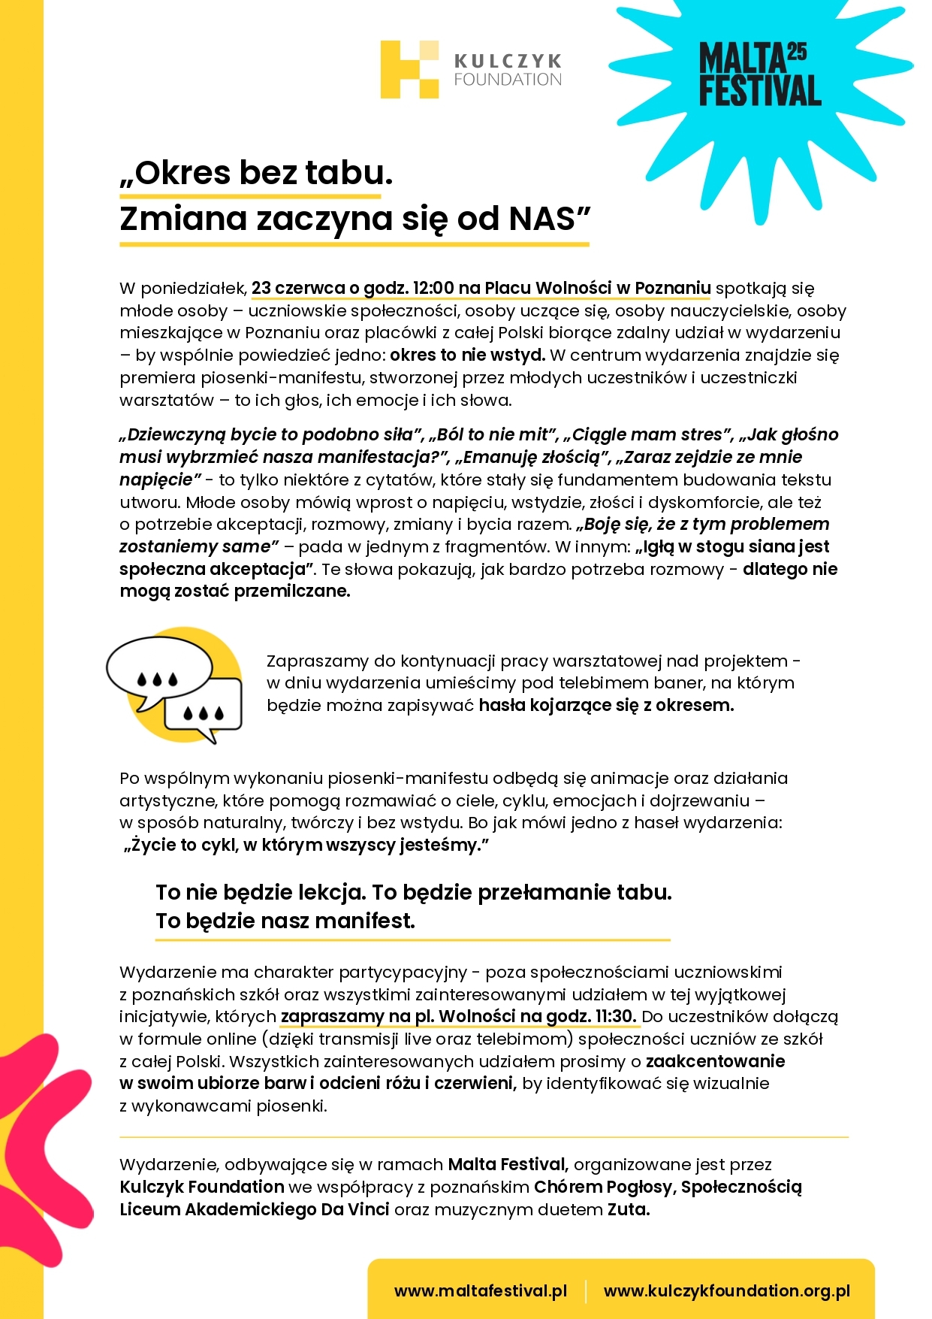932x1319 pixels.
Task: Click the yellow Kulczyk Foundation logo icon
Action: click(409, 69)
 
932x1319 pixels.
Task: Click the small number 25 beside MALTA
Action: click(797, 52)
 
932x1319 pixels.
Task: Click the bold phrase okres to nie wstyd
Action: click(467, 355)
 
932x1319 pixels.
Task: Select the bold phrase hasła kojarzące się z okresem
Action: click(606, 705)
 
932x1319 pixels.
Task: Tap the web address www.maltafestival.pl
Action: click(480, 1290)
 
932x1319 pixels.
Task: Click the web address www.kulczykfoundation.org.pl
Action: click(726, 1290)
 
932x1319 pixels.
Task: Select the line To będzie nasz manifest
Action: click(285, 921)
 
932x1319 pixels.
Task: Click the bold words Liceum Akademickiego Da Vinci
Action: click(255, 1209)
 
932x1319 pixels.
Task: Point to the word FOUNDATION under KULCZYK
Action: click(508, 80)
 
